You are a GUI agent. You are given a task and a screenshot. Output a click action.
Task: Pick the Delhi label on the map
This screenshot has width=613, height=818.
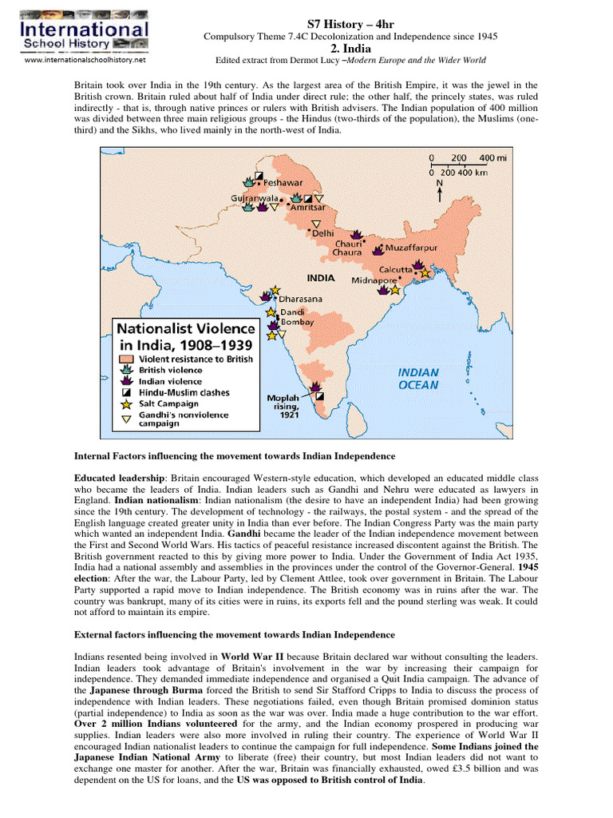coord(322,233)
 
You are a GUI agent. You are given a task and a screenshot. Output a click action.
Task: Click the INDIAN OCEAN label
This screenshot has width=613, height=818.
coord(418,378)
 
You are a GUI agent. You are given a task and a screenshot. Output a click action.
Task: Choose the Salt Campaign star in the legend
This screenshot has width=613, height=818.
coord(127,404)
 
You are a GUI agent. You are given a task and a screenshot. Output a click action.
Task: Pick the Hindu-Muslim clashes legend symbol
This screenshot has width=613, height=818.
coord(127,393)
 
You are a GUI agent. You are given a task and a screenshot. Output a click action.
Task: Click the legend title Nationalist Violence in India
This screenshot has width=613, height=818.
coord(187,336)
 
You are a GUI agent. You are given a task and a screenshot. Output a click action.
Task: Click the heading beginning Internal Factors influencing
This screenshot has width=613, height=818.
coord(235,455)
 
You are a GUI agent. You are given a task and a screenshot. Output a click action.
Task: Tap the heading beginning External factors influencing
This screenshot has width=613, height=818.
coord(235,634)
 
